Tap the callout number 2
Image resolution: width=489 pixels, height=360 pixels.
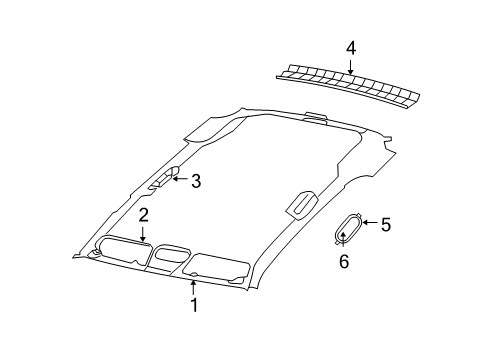coord(144,214)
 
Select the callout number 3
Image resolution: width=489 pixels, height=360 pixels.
coord(197,181)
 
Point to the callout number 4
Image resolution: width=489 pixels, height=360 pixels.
coord(351,46)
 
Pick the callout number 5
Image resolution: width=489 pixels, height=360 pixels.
coord(385,225)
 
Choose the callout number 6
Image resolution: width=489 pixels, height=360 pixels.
coord(343,262)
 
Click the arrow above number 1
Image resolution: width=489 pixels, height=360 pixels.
coord(194,288)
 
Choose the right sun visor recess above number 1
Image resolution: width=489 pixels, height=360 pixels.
coord(216,265)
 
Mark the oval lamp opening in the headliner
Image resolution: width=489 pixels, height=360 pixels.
coord(299,205)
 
